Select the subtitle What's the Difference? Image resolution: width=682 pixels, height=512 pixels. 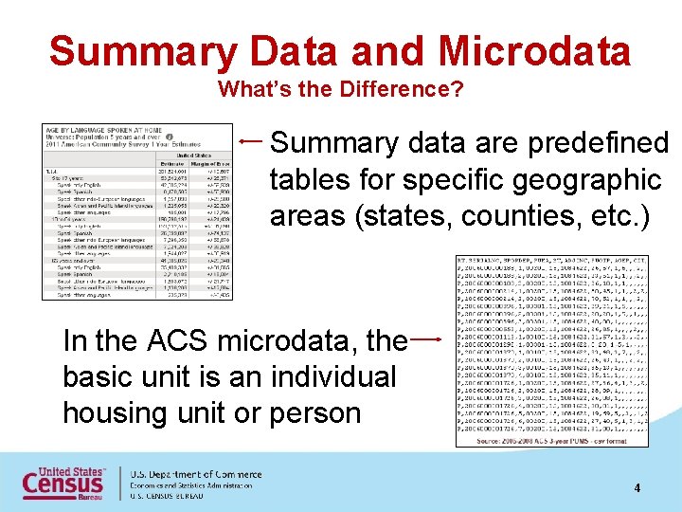click(x=340, y=91)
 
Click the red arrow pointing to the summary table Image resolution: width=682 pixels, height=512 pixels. click(x=252, y=141)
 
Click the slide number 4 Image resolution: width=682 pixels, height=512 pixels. click(x=637, y=487)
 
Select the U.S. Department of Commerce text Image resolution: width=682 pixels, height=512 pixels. click(x=195, y=473)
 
